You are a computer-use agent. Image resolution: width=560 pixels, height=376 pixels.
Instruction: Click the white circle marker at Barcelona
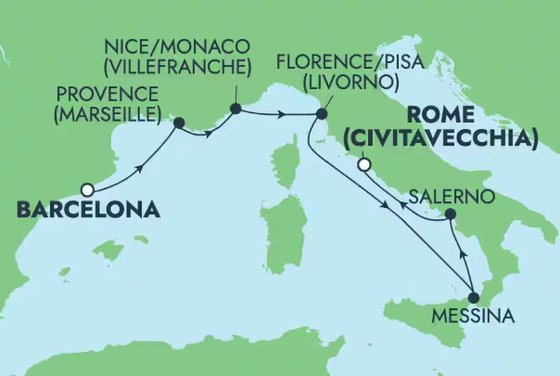pyautogui.click(x=88, y=189)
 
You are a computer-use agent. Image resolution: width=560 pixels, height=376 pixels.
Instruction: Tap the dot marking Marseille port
pyautogui.click(x=180, y=125)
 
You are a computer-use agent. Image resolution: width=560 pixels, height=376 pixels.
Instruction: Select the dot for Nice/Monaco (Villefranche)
pyautogui.click(x=235, y=109)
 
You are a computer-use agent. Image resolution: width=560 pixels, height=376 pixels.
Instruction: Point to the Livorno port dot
pyautogui.click(x=321, y=114)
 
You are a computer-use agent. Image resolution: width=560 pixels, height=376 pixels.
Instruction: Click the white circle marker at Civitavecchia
pyautogui.click(x=365, y=165)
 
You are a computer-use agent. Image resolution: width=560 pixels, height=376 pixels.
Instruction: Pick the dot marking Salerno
pyautogui.click(x=450, y=214)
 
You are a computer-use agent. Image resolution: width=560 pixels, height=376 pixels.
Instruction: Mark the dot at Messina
pyautogui.click(x=474, y=298)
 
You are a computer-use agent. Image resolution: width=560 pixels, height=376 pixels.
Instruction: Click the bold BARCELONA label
pyautogui.click(x=88, y=211)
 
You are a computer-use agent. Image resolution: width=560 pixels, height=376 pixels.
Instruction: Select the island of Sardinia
pyautogui.click(x=289, y=234)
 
